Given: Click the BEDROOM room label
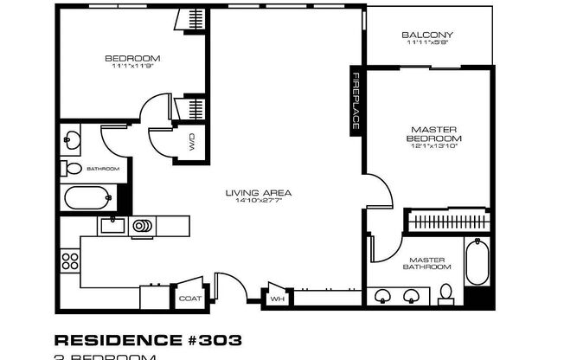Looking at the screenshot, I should click(132, 59).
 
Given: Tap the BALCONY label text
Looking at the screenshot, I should click(427, 35).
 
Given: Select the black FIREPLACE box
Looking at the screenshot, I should click(355, 101).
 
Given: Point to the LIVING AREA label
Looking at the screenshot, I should click(258, 192).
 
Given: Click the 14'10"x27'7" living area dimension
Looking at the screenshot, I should click(258, 201).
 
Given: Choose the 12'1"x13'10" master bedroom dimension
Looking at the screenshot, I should click(433, 146).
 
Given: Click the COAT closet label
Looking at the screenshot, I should click(189, 299).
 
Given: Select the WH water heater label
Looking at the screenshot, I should click(277, 299).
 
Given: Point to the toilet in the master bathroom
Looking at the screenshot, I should click(445, 292).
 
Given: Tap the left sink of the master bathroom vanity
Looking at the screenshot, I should click(383, 296).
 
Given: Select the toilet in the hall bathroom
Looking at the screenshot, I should click(71, 169).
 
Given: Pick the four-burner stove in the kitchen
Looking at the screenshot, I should click(69, 260).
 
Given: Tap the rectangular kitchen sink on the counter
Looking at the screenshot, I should click(112, 227).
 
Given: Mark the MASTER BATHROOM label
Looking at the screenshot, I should click(426, 263).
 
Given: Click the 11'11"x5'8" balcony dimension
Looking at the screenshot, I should click(427, 44).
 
